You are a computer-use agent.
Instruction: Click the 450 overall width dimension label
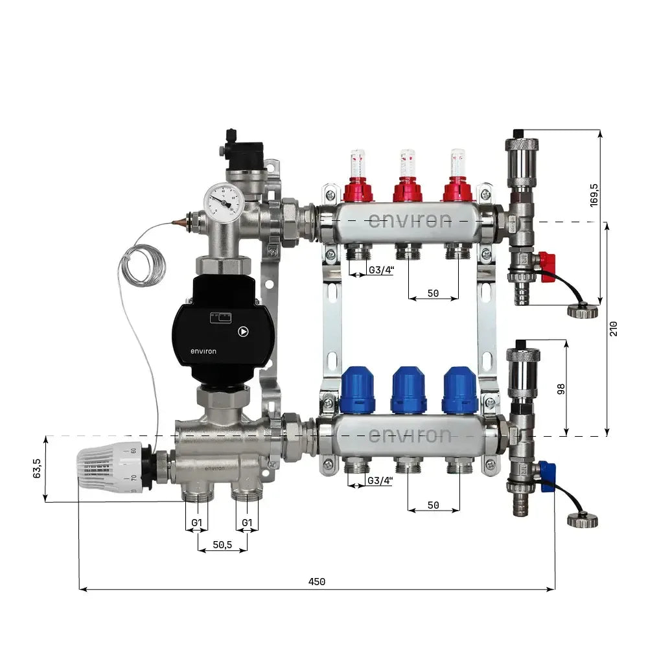pos(316,581)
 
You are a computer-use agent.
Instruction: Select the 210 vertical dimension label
pos(614,329)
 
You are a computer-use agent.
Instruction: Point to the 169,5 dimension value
pos(594,195)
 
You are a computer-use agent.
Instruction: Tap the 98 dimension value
pos(561,388)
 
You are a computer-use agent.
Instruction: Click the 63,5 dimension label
pos(37,469)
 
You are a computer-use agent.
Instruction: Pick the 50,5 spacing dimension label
pos(222,545)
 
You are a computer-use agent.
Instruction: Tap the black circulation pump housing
pos(222,330)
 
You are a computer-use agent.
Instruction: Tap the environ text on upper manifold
pos(409,220)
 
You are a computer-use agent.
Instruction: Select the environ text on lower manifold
pos(409,435)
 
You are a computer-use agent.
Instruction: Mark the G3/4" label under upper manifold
pos(380,270)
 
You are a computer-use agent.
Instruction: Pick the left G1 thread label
pos(197,523)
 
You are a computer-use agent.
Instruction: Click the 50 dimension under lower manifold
pos(434,505)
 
